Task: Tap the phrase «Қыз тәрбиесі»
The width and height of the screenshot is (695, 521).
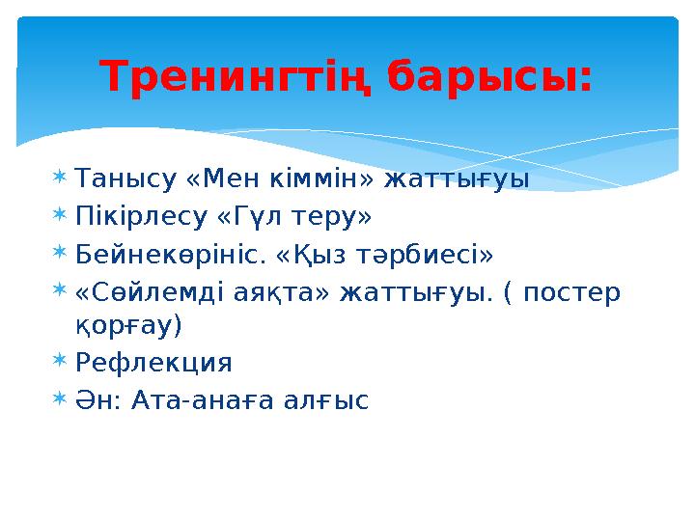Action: tap(387, 254)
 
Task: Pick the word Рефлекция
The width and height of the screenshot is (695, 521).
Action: tap(153, 363)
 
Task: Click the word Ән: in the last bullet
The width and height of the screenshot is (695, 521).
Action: tap(98, 399)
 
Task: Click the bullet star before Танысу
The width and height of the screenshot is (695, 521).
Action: tap(60, 178)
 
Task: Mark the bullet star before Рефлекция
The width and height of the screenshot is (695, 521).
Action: tap(60, 362)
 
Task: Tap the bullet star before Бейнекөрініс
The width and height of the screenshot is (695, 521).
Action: tap(60, 253)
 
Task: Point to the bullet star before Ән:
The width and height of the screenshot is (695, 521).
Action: tap(60, 398)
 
